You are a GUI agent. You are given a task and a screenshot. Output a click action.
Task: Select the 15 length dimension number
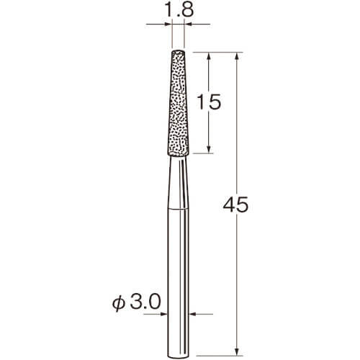208,102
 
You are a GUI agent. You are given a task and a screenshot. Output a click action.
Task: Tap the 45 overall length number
235,204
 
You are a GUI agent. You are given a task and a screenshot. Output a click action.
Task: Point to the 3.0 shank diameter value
145,302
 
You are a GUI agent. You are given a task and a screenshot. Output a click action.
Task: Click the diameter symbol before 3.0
119,303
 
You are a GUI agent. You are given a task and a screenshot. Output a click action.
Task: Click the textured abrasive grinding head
178,103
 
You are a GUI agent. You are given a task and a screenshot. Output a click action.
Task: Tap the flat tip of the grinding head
178,51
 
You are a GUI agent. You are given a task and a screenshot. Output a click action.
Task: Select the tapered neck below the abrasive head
178,183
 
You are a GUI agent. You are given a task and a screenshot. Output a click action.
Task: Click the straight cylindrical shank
178,283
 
